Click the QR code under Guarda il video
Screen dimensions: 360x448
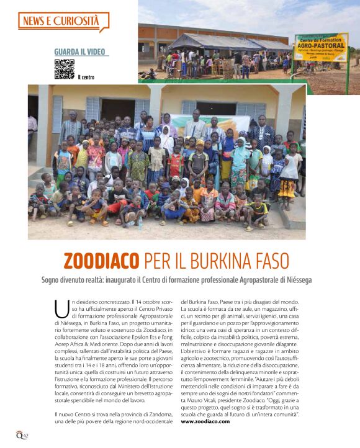64,69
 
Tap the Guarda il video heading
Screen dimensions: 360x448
79,52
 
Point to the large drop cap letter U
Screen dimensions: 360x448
61,308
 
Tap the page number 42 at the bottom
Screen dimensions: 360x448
26,435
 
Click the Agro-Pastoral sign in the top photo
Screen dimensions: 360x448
321,47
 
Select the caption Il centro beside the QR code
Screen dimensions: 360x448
86,78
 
